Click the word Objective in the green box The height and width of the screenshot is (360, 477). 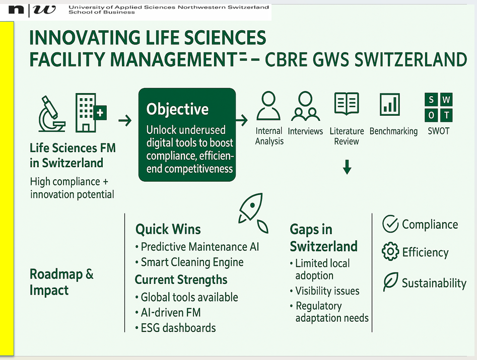177,109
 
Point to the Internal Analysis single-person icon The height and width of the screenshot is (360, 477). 268,106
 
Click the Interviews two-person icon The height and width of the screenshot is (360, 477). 305,106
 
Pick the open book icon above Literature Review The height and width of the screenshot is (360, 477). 347,104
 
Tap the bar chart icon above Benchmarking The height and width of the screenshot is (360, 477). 390,105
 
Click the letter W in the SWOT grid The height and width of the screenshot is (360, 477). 446,99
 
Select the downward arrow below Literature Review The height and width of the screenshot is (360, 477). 347,167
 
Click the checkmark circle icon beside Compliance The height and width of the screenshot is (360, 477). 390,224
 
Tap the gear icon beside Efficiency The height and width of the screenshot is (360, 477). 390,251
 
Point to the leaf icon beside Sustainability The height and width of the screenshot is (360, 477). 390,281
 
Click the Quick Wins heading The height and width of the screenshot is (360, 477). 168,229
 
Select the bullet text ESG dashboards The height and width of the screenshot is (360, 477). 178,328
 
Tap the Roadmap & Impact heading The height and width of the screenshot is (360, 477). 61,282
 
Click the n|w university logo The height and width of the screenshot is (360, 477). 32,10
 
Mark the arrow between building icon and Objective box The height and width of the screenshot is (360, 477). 125,121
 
